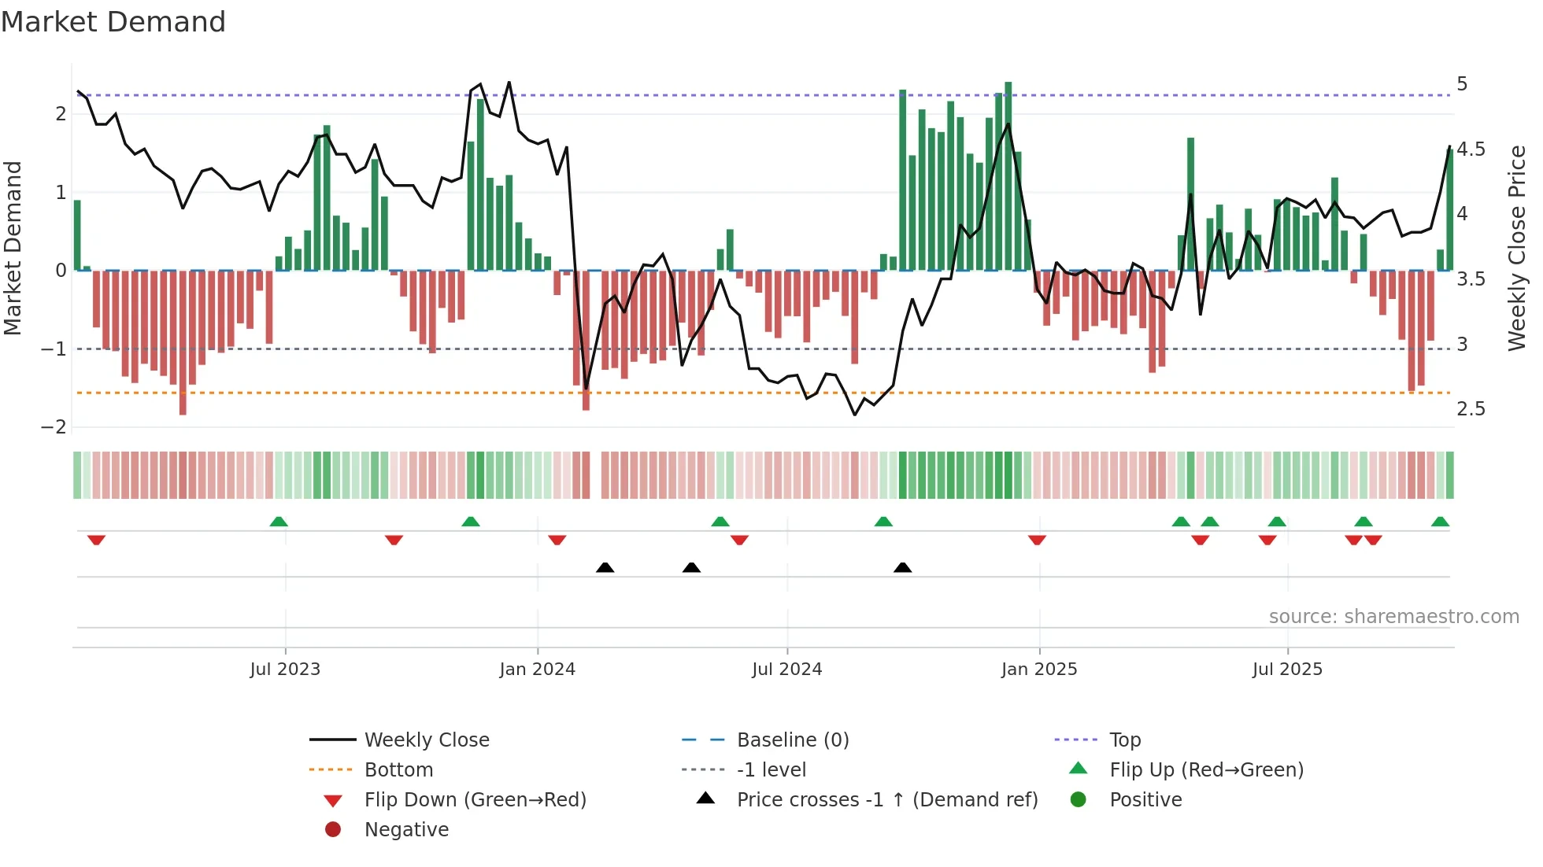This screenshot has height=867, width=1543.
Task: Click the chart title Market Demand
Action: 113,22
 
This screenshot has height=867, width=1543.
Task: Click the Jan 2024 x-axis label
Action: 537,670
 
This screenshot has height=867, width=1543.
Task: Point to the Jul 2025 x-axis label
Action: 1287,670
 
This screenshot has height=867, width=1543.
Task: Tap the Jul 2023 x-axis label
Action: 285,670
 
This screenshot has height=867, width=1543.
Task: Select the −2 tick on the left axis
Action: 54,427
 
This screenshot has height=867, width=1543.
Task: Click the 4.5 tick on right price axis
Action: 1471,149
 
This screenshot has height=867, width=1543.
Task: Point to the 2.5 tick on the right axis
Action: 1471,409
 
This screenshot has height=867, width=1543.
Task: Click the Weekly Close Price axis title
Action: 1516,248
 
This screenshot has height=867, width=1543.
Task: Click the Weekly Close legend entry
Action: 426,740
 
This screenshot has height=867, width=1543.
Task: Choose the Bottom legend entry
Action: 398,770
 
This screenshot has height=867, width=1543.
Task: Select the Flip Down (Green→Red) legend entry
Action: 475,800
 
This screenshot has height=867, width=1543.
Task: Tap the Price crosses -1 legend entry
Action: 886,800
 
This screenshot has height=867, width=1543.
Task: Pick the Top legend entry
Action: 1124,740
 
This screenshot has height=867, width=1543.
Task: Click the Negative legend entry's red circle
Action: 333,830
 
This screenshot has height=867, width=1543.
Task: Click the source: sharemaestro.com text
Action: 1393,617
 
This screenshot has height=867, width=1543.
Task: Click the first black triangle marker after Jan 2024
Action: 605,567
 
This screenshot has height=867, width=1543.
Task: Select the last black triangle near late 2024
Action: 903,567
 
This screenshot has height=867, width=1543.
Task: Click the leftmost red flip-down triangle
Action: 96,540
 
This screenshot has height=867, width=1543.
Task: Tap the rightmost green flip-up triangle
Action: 1440,522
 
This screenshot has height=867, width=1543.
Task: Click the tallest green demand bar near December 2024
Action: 1008,176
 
